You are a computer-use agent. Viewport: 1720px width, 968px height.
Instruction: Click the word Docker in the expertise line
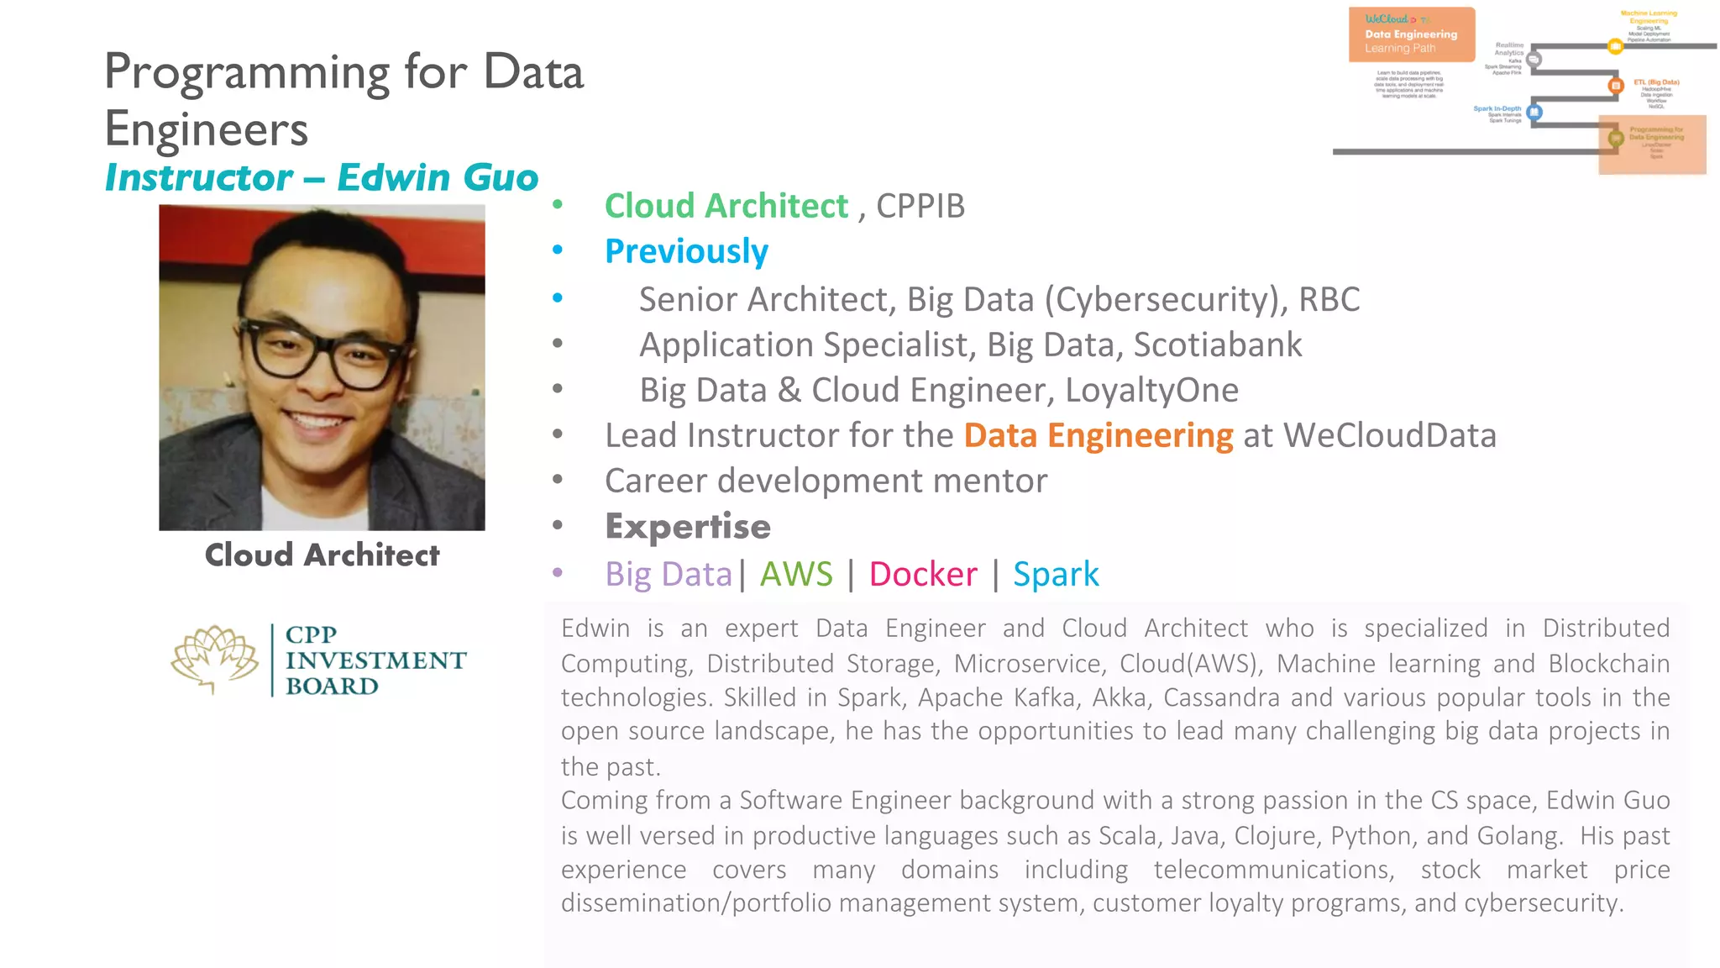tap(923, 575)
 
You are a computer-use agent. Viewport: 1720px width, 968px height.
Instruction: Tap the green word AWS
tap(796, 575)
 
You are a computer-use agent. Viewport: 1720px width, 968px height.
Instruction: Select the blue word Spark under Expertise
tap(1056, 575)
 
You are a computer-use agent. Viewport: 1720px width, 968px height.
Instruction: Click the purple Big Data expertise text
tap(669, 575)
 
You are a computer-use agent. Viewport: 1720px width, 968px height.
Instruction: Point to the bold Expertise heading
tap(688, 527)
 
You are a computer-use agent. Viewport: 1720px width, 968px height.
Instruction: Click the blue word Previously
tap(686, 251)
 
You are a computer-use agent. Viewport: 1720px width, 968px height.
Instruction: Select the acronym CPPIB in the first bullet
tap(920, 207)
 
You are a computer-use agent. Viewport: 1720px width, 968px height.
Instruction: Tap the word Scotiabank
tap(1218, 345)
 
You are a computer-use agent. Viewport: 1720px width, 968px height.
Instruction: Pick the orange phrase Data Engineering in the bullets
tap(1099, 436)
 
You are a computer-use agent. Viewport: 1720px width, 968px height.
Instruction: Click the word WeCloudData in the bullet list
tap(1390, 436)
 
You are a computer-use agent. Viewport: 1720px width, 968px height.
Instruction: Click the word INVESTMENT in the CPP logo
tap(375, 661)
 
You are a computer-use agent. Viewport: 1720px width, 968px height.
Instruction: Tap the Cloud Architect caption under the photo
tap(322, 555)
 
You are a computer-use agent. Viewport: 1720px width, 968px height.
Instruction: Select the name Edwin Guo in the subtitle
tap(438, 178)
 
